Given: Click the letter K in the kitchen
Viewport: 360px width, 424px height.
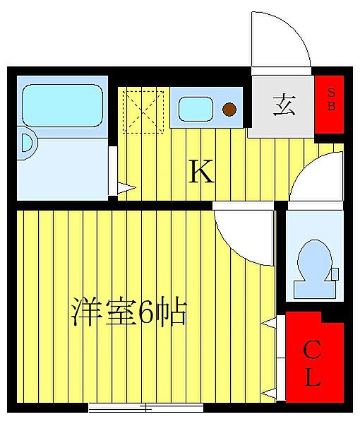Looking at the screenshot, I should click(x=200, y=172).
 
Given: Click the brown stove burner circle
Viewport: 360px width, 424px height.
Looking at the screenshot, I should click(x=229, y=109).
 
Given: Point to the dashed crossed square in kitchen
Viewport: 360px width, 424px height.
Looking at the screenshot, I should click(x=143, y=110).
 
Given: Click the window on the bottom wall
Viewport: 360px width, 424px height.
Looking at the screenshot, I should click(x=145, y=407).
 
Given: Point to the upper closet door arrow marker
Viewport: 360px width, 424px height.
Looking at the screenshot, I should click(x=269, y=324).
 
